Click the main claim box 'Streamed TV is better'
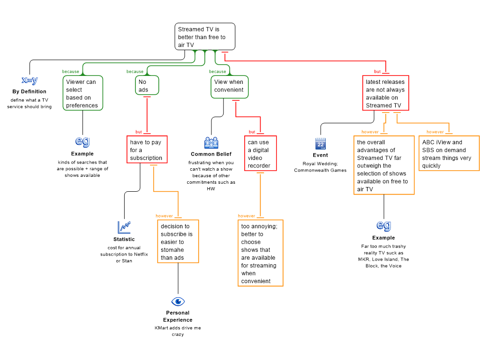coord(205,37)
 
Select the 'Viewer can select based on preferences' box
coord(83,93)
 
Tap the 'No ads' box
coord(147,85)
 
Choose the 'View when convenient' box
coord(229,87)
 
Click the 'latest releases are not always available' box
coord(385,93)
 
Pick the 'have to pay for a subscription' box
coord(147,150)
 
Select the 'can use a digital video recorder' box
coord(260,154)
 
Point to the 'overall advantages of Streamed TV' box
coord(384,165)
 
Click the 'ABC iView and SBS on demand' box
coord(449,154)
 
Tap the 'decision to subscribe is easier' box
coord(178,241)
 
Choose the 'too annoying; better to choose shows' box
coord(260,253)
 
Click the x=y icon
coord(30,80)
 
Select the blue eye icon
coord(178,301)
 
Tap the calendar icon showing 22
coord(321,143)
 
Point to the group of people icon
coord(211,143)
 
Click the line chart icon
coord(124,227)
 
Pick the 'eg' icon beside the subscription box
coord(82,141)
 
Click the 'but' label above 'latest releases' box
coord(377,72)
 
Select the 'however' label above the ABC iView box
coord(435,132)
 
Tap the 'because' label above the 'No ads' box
coord(135,72)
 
